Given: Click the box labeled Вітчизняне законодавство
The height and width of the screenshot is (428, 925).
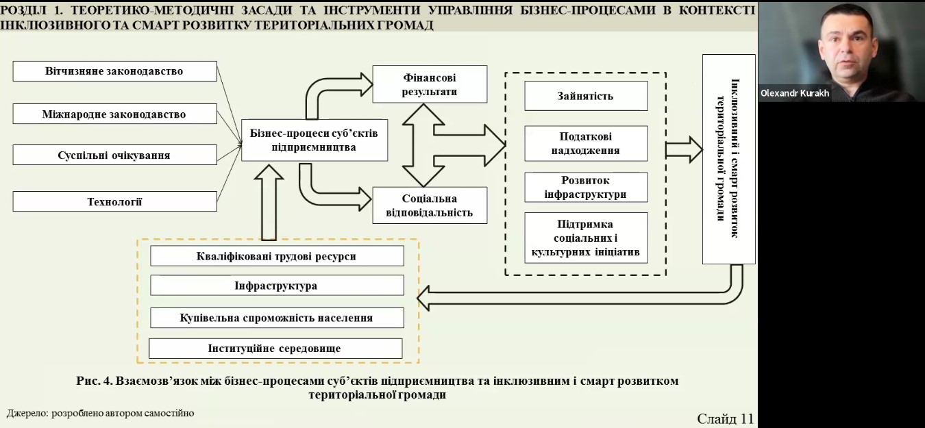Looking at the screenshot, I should click(114, 71).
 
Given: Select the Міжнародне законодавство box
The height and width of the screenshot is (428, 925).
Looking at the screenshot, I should click(114, 114).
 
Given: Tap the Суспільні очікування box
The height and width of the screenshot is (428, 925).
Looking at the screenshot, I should click(114, 155).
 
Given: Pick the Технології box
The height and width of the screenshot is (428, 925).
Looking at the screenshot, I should click(114, 201).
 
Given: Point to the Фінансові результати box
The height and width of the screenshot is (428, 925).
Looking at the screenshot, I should click(430, 84).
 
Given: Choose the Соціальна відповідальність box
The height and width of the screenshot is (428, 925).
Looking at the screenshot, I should click(430, 205).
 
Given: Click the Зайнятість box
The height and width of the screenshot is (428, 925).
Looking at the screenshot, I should click(585, 96).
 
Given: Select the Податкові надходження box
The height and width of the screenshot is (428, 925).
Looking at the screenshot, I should click(585, 143).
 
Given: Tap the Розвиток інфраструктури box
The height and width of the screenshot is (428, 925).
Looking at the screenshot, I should click(585, 187).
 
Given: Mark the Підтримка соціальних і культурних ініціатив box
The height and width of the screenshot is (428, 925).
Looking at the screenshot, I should click(585, 238).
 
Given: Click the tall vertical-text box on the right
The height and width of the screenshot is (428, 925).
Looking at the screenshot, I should click(728, 159).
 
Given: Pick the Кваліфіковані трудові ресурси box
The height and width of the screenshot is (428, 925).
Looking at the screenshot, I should click(276, 256).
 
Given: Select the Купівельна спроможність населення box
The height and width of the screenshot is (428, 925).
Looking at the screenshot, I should click(276, 318).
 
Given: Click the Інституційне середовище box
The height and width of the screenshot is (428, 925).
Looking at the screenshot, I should click(275, 349).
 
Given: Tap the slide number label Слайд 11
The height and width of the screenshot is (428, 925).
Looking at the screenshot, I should click(724, 418).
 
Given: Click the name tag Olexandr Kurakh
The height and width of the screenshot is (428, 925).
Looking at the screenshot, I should click(795, 93).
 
